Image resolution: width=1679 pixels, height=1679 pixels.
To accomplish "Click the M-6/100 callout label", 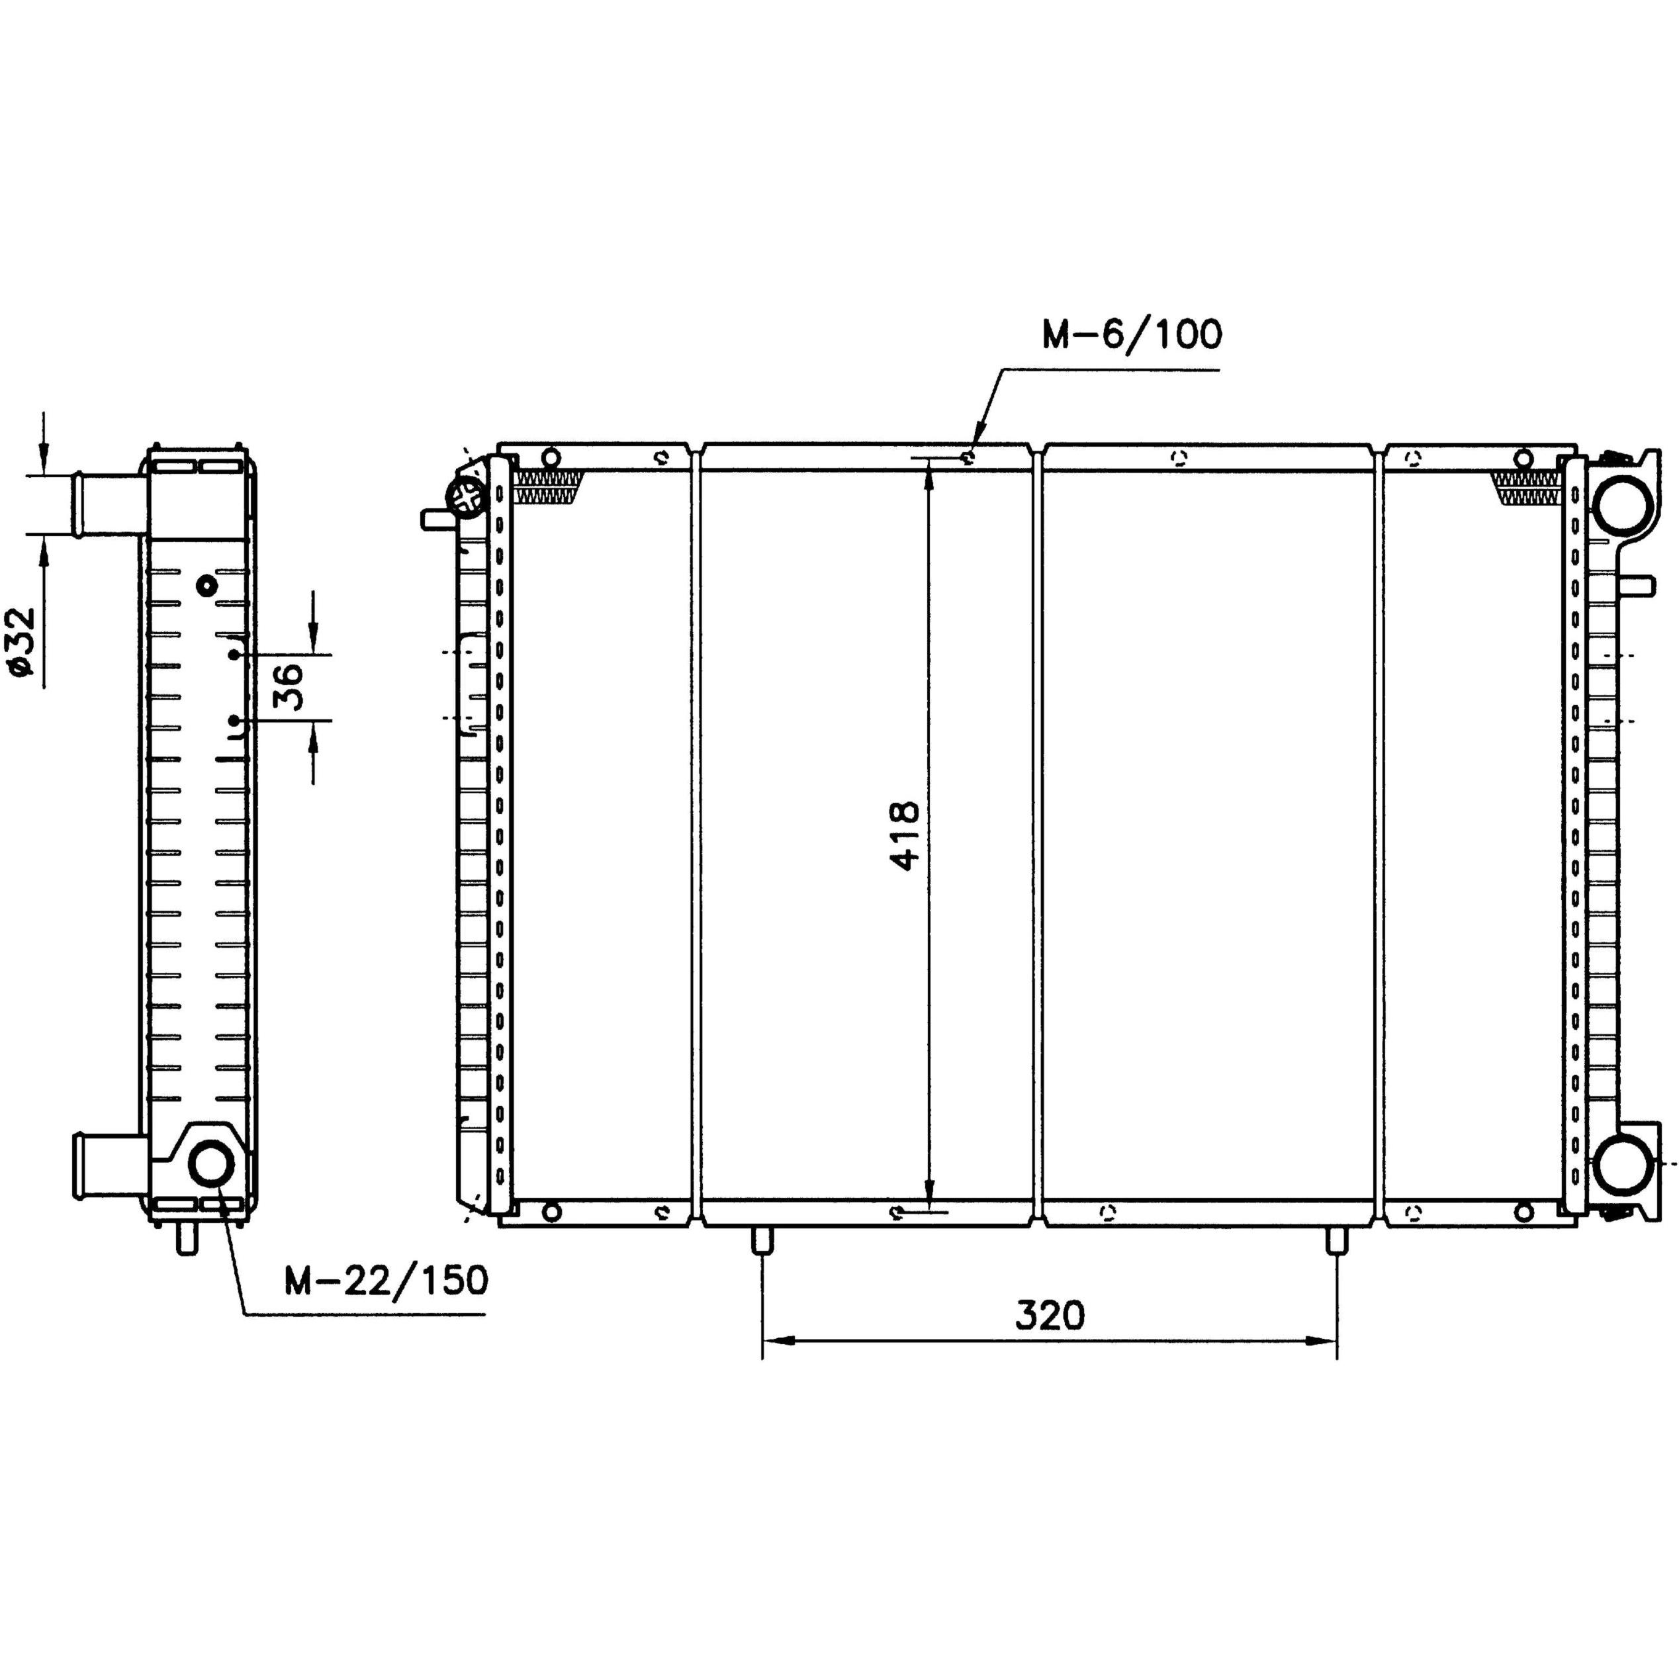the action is (1132, 335).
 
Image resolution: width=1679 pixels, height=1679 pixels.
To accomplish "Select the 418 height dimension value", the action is (904, 835).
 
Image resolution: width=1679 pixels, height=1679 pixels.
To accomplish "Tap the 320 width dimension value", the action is (1050, 1316).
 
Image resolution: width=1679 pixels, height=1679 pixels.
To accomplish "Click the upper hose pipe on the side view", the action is (109, 505).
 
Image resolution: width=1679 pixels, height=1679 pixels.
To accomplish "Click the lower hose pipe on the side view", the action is (109, 1165).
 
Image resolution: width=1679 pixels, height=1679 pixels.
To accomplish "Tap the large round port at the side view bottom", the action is (211, 1163).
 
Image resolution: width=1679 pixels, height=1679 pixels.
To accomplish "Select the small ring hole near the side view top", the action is (206, 585).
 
